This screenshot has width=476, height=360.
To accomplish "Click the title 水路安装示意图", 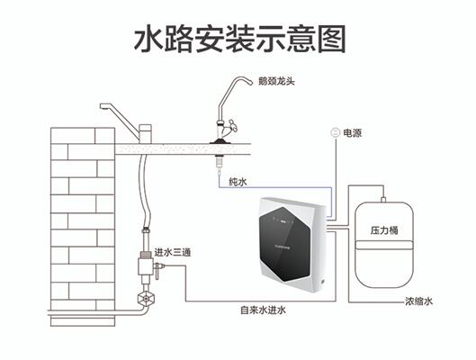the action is point(240,39).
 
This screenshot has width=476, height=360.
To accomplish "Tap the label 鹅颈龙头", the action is point(276,81).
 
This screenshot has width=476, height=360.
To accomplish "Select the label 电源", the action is point(352,133).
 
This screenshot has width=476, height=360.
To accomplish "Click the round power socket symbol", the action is point(336,132).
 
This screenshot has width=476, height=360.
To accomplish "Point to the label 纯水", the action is point(238,182).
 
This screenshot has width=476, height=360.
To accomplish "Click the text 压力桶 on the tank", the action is point(384,230).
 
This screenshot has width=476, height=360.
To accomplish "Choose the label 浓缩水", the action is point(418,301).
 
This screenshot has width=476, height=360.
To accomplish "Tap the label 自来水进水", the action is point(264,310).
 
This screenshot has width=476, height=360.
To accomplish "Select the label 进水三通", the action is point(173,252).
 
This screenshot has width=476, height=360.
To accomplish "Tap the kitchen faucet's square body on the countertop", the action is point(145,133).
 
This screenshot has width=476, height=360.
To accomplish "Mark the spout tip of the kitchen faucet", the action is point(103,107).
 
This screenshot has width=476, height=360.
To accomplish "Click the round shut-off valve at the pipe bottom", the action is point(145,299).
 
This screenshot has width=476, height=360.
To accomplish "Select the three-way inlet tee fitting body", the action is point(146,266).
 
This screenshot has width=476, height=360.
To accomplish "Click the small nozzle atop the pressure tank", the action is point(383,200).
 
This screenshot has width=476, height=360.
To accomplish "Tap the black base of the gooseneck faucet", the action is point(220,140).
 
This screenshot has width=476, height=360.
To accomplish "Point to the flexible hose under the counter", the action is point(145,191).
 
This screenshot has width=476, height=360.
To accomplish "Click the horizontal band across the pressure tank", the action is point(384,245).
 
